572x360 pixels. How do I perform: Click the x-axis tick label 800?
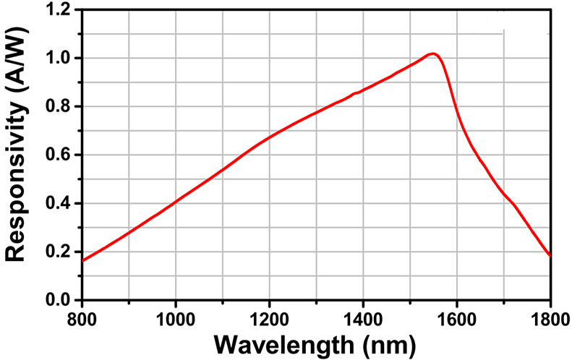[x=82, y=317]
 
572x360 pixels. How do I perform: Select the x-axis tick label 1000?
[x=176, y=317]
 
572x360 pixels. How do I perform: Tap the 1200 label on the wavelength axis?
[x=270, y=317]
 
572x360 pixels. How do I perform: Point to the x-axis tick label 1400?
[x=363, y=317]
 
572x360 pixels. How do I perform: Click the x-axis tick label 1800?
[x=549, y=317]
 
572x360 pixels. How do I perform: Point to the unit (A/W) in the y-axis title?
[x=17, y=55]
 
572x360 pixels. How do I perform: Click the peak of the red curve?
[x=432, y=53]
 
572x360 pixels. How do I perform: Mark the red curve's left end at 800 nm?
[x=82, y=260]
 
